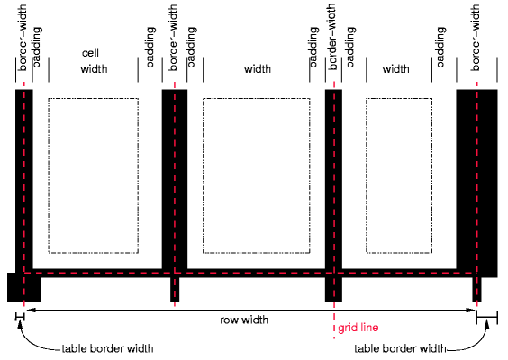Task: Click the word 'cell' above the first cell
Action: [x=89, y=53]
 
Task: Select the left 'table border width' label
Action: [x=106, y=348]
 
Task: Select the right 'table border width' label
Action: [x=400, y=348]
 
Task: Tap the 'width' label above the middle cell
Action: [x=258, y=68]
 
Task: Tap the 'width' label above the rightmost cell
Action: [x=395, y=68]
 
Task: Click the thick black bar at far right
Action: [x=476, y=180]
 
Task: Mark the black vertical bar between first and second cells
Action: [x=174, y=180]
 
